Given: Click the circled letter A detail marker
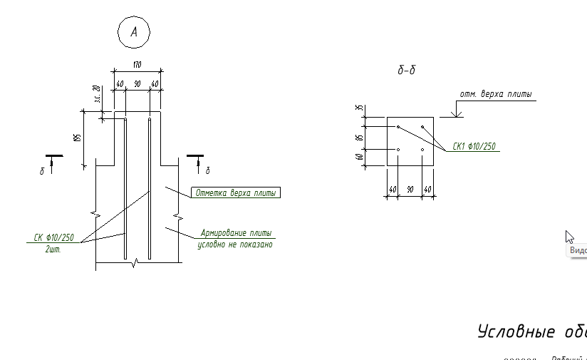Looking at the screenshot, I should (x=133, y=33).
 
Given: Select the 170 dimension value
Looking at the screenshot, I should (x=137, y=65).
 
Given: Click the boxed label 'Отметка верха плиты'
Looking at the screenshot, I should (x=237, y=192).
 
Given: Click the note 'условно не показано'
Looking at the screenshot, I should (x=235, y=245).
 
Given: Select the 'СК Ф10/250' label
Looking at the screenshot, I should (x=54, y=237).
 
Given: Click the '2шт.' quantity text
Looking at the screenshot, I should (x=53, y=249).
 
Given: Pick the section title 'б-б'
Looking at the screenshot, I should (x=406, y=71).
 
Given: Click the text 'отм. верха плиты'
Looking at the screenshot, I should (x=495, y=94).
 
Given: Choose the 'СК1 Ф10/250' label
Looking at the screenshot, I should (x=474, y=146).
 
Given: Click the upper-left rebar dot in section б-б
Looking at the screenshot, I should (x=398, y=128).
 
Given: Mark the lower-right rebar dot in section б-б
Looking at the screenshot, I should (x=422, y=150).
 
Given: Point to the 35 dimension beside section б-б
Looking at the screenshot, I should (x=360, y=110).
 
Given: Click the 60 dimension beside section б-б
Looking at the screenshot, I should (x=360, y=157).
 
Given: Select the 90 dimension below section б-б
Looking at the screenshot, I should (x=410, y=190).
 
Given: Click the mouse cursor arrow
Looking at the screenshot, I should (x=569, y=237).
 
